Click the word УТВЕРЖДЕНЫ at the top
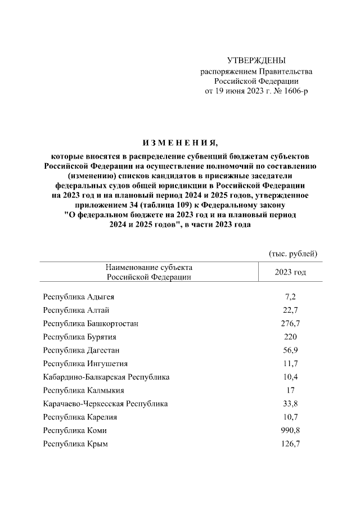click(256, 61)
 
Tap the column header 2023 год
click(290, 272)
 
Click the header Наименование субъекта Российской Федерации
click(149, 272)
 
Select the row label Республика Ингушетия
click(85, 364)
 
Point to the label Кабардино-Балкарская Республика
click(106, 377)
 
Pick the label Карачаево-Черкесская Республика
click(105, 404)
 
